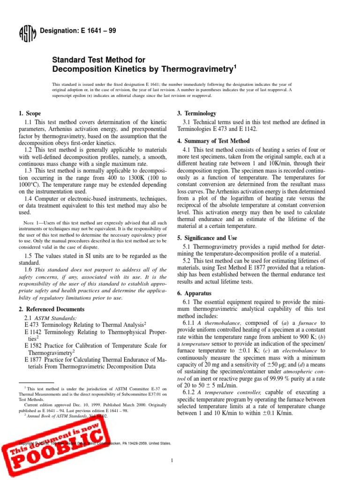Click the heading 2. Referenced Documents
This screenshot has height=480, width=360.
pos(52,309)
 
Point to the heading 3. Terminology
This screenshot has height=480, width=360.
pos(197,113)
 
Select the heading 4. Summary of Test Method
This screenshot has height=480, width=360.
pos(213,141)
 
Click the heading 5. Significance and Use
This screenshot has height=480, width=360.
pos(207,238)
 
